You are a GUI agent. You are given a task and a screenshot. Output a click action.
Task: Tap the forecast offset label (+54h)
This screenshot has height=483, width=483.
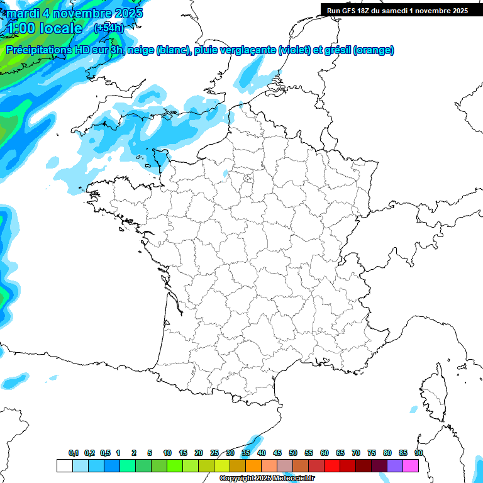pyautogui.click(x=109, y=28)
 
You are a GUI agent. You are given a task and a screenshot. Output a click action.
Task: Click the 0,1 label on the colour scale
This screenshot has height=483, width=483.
pyautogui.click(x=74, y=453)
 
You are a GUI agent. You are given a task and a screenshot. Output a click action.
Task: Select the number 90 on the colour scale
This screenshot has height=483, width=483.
pyautogui.click(x=418, y=453)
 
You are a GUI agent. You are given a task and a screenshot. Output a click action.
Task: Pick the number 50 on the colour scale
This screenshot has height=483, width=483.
pyautogui.click(x=293, y=453)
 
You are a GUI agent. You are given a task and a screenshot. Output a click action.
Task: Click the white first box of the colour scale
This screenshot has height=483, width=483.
pyautogui.click(x=64, y=465)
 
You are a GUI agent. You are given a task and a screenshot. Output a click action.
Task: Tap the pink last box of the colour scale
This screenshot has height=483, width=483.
pyautogui.click(x=411, y=465)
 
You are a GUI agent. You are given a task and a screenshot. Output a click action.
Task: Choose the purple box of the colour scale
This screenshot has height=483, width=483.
pyautogui.click(x=395, y=465)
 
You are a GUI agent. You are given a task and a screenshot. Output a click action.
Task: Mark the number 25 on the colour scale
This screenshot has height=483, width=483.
pyautogui.click(x=214, y=453)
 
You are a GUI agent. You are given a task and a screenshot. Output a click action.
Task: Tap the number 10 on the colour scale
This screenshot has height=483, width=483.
pyautogui.click(x=167, y=453)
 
